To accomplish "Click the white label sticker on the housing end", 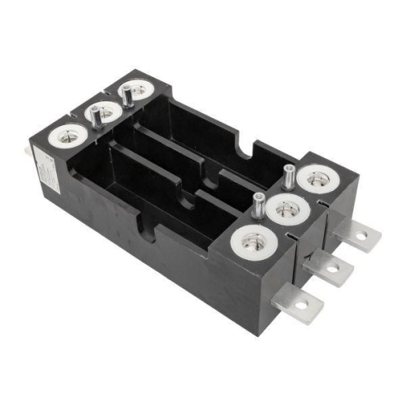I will click(x=45, y=171).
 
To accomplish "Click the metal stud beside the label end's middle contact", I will click(x=96, y=118).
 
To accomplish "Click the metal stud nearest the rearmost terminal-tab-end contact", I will click(x=287, y=175).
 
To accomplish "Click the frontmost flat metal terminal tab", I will click(x=295, y=301).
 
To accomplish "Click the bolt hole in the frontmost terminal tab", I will click(x=302, y=307).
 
